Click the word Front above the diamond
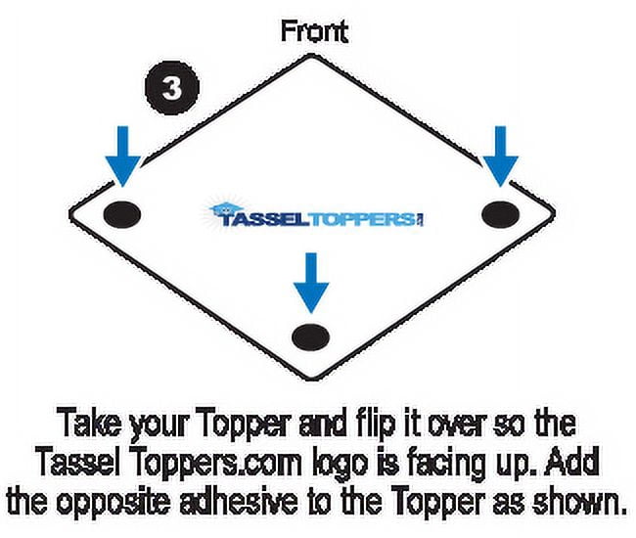click(x=314, y=31)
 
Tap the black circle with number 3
click(x=172, y=88)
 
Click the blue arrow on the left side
click(x=123, y=157)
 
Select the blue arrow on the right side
click(x=501, y=157)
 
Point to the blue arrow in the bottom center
click(x=311, y=283)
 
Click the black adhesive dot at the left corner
click(x=122, y=214)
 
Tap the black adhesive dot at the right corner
click(x=501, y=214)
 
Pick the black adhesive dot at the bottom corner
click(x=311, y=336)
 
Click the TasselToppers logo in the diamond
click(x=316, y=215)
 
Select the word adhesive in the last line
click(x=239, y=500)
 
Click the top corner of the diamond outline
click(x=311, y=56)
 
